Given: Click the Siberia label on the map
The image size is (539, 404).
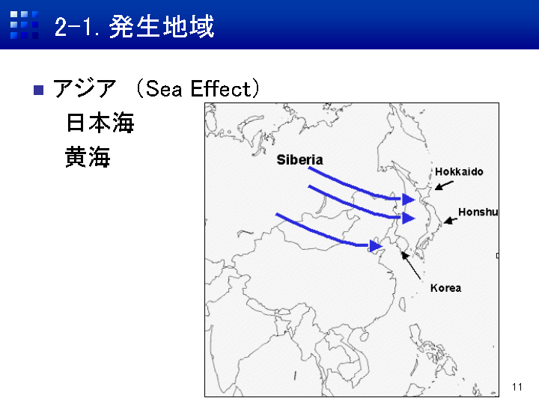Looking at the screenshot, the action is tap(299, 160).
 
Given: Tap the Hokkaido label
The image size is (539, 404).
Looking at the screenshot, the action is tap(459, 171).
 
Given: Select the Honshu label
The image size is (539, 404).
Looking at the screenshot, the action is tap(478, 212).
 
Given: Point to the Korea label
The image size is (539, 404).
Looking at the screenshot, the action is tap(445, 288).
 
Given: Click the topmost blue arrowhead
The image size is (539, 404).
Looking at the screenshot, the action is tap(408, 199).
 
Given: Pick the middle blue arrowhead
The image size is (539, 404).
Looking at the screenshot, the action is tap(408, 218).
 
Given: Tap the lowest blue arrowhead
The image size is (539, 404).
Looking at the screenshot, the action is tap(375, 246).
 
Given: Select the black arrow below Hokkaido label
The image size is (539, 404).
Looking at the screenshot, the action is tap(444, 186).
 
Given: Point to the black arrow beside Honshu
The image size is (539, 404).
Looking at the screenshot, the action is tap(450, 221).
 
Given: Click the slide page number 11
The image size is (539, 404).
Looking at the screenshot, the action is tap(517, 388).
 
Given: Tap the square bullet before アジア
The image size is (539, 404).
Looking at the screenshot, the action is tap(38, 90).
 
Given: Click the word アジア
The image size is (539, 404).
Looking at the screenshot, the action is tap(85, 88).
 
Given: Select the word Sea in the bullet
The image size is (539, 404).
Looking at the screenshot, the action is tap(164, 88).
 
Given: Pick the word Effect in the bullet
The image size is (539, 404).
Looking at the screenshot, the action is tap(221, 88).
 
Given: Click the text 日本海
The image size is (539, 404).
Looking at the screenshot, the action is tap(100, 123).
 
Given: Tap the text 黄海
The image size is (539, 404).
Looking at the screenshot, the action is tap(88, 156).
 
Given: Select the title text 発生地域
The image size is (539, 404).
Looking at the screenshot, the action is tap(162, 26).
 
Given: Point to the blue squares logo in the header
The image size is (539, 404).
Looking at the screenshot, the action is tap(24, 25).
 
